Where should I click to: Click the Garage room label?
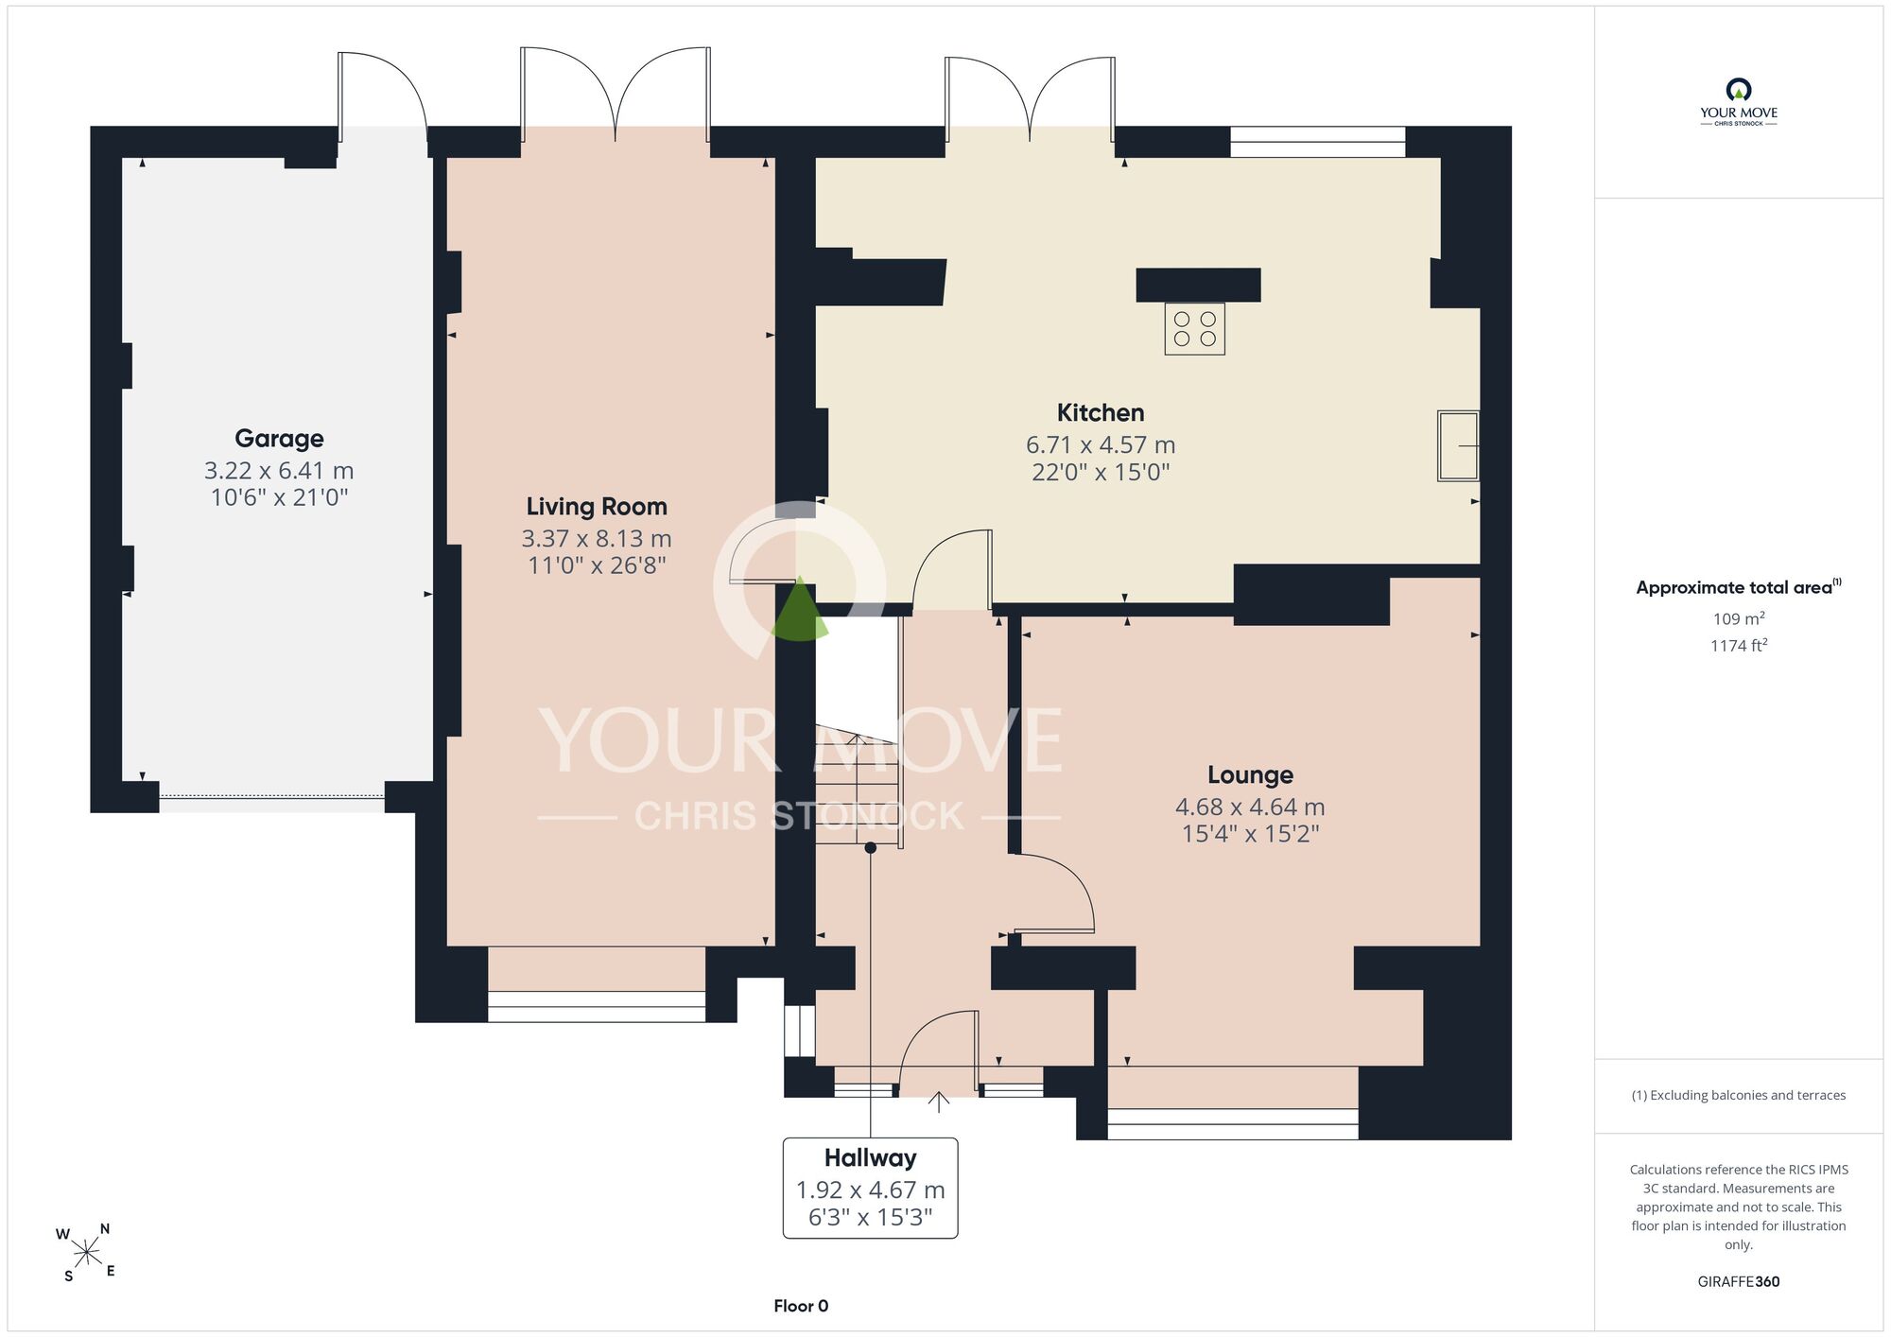tap(279, 439)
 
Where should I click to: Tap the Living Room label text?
tap(597, 507)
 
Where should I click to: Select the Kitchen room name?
tap(1101, 412)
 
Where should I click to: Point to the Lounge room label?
tap(1250, 775)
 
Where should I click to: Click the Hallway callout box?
tap(870, 1188)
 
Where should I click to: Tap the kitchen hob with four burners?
tap(1194, 329)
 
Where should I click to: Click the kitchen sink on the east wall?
tap(1458, 446)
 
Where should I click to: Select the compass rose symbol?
tap(87, 1254)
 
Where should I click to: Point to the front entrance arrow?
tap(938, 1102)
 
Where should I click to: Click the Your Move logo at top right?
tap(1738, 102)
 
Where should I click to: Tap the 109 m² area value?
tap(1738, 619)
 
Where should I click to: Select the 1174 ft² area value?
tap(1738, 646)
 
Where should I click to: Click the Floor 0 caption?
tap(801, 1306)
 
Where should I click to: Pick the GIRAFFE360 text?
tap(1738, 1282)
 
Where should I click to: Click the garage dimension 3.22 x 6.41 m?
tap(279, 471)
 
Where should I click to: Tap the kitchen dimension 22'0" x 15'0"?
tap(1101, 472)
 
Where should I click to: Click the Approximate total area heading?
tap(1738, 587)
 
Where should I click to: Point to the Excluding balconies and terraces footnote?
tap(1738, 1095)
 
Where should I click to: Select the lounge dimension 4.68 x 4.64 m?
tap(1250, 807)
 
